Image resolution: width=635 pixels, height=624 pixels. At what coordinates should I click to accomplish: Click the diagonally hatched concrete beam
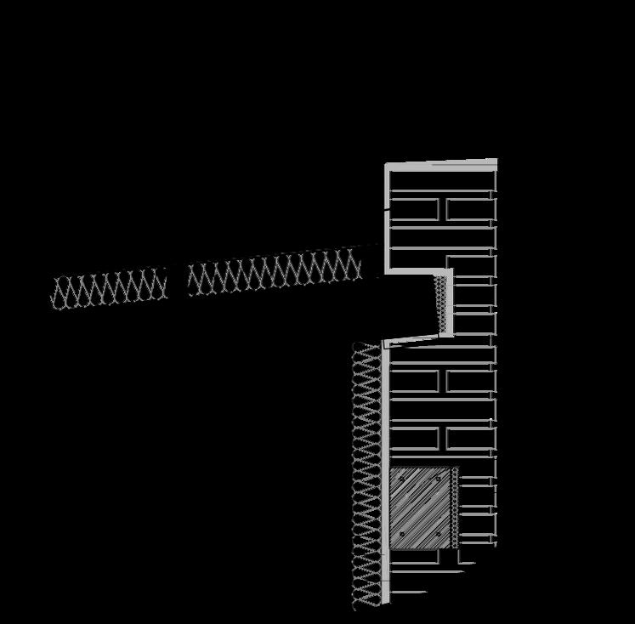click(419, 508)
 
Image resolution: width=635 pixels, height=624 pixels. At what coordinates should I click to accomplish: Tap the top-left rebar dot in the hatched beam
click(402, 479)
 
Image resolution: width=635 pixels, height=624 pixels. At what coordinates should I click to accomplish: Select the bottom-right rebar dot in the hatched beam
click(439, 535)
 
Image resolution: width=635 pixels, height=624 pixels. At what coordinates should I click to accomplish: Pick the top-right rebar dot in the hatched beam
click(439, 479)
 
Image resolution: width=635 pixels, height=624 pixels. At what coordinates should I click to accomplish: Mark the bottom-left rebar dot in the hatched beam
click(402, 535)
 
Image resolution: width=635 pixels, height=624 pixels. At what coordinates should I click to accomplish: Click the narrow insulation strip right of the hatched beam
click(455, 508)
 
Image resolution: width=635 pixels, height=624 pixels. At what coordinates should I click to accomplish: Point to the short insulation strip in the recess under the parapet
click(440, 303)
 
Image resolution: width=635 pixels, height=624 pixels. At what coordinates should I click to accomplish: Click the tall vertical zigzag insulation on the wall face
click(366, 476)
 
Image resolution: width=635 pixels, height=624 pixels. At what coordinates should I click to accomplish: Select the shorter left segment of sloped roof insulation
click(109, 289)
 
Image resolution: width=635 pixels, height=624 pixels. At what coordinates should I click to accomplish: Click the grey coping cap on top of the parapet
click(442, 162)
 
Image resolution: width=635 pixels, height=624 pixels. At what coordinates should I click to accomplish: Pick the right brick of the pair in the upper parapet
click(469, 209)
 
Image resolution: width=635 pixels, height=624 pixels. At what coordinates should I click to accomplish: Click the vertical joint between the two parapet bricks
click(443, 209)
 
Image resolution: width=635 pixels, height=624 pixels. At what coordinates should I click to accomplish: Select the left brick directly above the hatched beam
click(415, 439)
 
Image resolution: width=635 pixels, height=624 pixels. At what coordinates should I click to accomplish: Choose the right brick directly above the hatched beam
click(469, 439)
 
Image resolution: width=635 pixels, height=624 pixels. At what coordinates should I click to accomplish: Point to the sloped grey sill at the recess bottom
click(417, 340)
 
